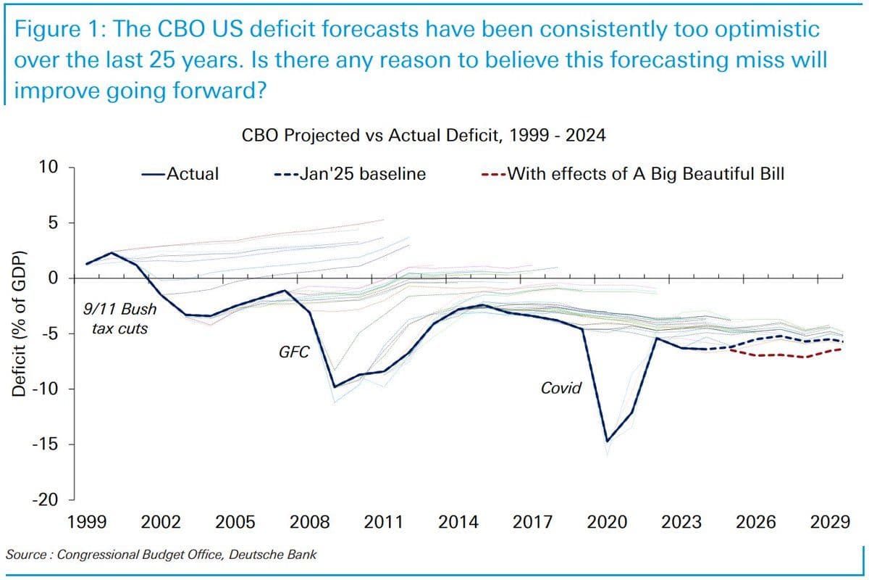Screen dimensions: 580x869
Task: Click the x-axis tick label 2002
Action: (161, 523)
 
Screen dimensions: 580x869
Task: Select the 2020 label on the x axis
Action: (607, 523)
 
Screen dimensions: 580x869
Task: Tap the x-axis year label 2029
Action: (829, 523)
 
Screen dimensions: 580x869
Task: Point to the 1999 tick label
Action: (87, 523)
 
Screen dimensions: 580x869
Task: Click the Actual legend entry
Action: (183, 174)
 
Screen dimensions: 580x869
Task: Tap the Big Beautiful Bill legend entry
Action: (633, 174)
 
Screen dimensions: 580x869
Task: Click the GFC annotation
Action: (294, 353)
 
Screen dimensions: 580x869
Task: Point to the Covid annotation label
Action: (561, 388)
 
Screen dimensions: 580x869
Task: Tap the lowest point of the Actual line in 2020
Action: (607, 440)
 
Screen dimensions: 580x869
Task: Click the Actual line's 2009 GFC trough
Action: (334, 387)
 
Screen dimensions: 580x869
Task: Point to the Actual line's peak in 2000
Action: (112, 252)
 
